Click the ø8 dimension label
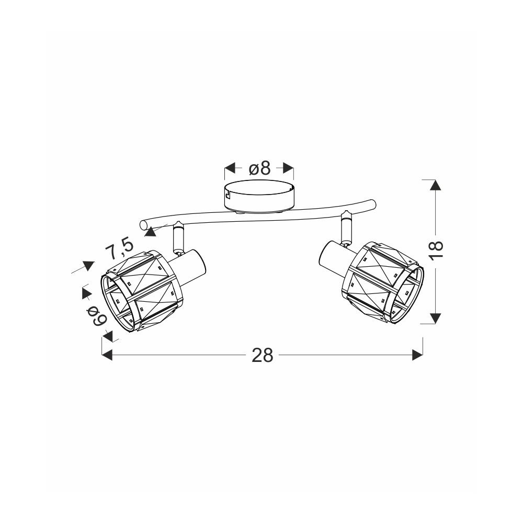(259, 168)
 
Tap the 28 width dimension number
(262, 355)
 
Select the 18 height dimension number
(436, 249)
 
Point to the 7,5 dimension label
(119, 248)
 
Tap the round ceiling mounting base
(259, 196)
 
